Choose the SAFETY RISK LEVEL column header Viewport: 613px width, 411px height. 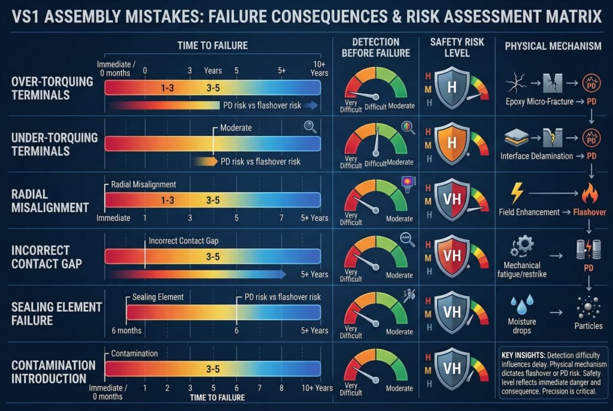pyautogui.click(x=453, y=47)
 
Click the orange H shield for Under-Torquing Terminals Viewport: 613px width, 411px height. pyautogui.click(x=452, y=145)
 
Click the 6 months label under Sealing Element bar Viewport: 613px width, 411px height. pyautogui.click(x=126, y=331)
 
